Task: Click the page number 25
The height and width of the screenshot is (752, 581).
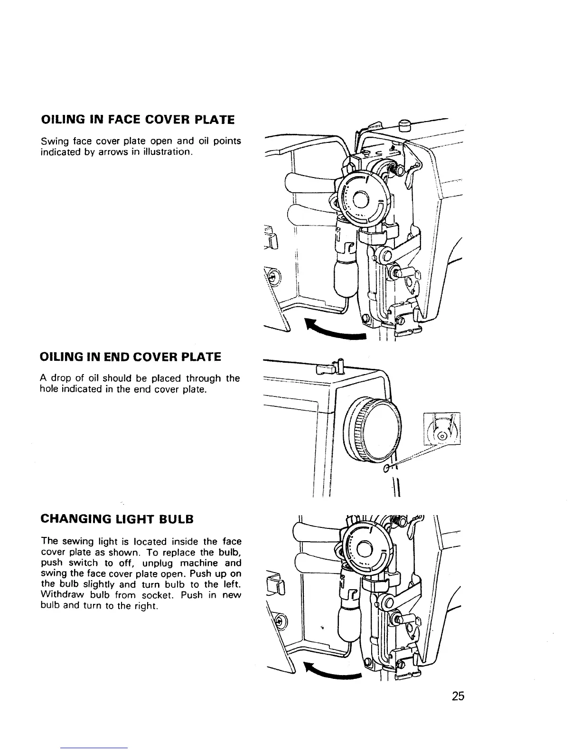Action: click(x=458, y=696)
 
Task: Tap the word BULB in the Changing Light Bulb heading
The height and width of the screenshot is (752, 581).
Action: click(x=177, y=519)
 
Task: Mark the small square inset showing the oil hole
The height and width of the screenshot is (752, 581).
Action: click(x=442, y=428)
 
